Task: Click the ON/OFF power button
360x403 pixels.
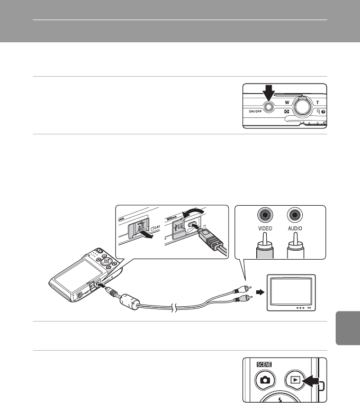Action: tap(269, 107)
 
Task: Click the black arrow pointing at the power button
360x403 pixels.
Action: tap(268, 92)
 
